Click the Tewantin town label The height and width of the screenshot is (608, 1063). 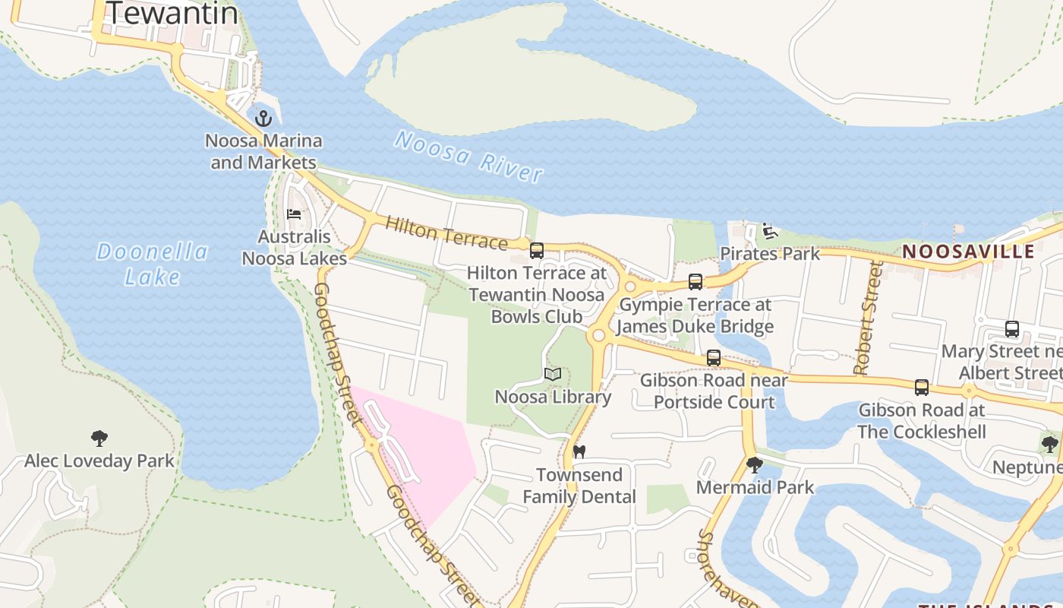point(172,13)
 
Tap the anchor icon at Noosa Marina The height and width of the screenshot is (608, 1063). point(263,119)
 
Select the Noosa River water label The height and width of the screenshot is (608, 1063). point(468,157)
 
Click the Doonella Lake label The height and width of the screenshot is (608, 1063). point(152,264)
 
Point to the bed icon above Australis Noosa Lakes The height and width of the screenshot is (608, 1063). point(294,214)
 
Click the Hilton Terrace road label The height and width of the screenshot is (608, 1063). point(446,233)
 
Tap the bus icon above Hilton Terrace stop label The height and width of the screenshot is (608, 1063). point(537,250)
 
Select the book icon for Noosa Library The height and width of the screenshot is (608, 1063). point(553,374)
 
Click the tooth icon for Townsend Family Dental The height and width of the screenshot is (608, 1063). point(579,451)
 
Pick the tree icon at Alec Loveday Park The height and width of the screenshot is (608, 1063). point(99,438)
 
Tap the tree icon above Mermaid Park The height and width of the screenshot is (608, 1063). point(754,464)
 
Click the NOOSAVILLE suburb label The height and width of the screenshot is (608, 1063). point(968,252)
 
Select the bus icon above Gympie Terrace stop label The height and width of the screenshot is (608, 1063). point(695,282)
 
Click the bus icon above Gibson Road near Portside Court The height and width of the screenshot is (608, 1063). point(714,357)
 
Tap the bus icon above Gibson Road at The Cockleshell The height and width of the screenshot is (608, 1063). point(922,388)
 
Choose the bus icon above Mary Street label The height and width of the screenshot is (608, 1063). point(1012,329)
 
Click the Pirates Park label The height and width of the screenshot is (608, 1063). point(770,254)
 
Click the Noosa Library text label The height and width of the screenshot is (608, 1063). point(553,397)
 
